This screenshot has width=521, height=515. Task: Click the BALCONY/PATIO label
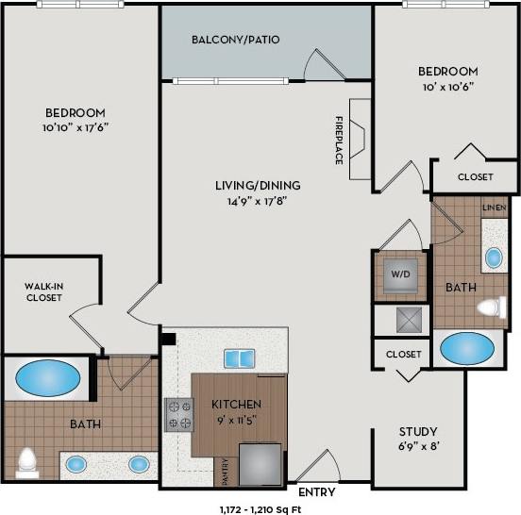pos(235,40)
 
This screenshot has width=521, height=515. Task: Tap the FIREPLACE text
pos(338,141)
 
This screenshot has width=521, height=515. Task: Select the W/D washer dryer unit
pos(401,275)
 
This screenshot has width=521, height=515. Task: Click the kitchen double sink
pos(238,358)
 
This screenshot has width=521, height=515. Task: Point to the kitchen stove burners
pos(178,415)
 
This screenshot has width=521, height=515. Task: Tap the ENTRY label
pos(318,492)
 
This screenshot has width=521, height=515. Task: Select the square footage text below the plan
pos(260,508)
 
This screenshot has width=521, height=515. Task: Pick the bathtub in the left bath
pos(47,378)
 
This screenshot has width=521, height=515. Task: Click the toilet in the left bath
pos(28,461)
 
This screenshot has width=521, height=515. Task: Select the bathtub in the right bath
pos(465,348)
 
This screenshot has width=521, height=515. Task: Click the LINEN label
pos(495,207)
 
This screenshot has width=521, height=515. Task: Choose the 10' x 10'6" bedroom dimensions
pos(447,86)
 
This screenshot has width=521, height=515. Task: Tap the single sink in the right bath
pos(494,257)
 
